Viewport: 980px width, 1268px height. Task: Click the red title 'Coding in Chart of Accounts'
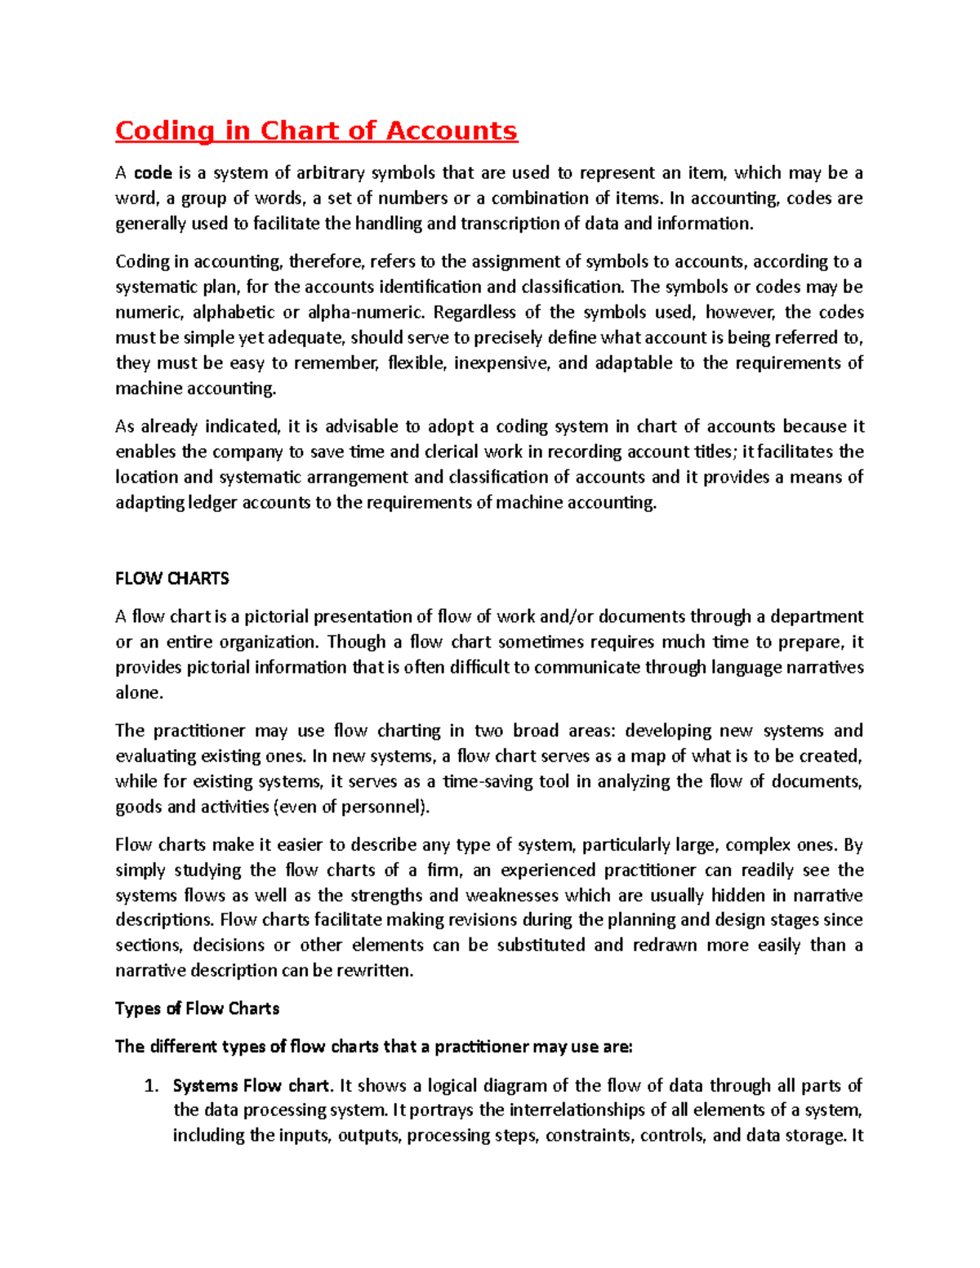coord(316,131)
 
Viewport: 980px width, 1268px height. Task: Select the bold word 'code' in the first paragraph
coord(153,173)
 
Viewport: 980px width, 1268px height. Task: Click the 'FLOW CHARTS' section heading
coord(171,579)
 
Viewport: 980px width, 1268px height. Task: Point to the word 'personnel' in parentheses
coord(385,807)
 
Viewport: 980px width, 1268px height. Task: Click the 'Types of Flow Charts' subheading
coord(197,1009)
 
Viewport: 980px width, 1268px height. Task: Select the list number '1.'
coord(149,1086)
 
